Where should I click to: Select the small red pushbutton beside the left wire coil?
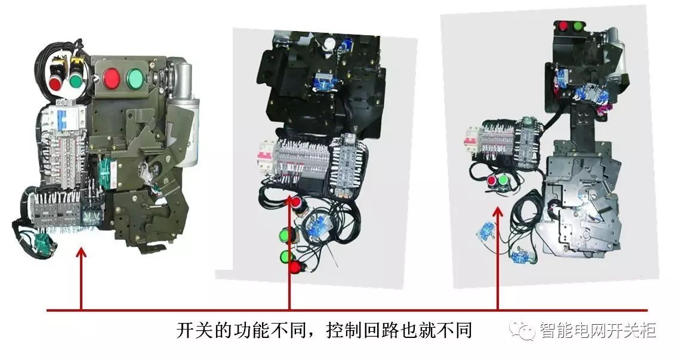[x=56, y=82]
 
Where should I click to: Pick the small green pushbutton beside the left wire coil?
[x=76, y=82]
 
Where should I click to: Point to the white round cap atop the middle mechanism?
[x=329, y=43]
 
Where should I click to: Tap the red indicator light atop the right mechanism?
[x=563, y=26]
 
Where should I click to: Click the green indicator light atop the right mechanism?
[x=578, y=26]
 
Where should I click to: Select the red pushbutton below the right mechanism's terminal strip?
[x=492, y=180]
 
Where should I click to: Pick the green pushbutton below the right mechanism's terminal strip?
[x=503, y=180]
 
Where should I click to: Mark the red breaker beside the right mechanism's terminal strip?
[x=471, y=139]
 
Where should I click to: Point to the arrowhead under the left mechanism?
[x=81, y=253]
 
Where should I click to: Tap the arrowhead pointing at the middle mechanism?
[x=289, y=200]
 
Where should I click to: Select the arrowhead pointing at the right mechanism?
[x=498, y=211]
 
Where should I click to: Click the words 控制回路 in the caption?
[x=363, y=330]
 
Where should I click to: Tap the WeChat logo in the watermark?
[x=522, y=330]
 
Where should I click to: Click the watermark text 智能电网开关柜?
[x=598, y=330]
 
